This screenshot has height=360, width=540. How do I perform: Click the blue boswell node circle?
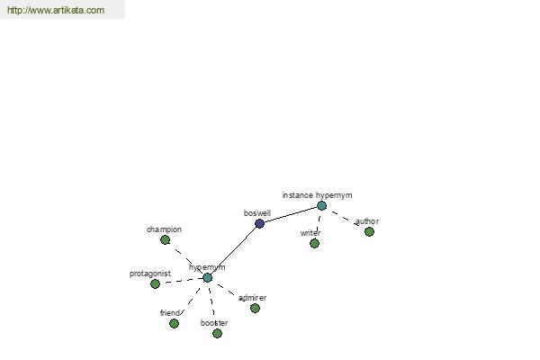tap(260, 223)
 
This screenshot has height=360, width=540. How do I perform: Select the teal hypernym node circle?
tap(207, 278)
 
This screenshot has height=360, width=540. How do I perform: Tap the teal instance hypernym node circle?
tap(321, 206)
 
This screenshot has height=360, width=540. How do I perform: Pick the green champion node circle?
tap(166, 239)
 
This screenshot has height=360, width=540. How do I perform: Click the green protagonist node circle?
tap(156, 283)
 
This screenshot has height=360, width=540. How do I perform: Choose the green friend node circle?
tap(175, 323)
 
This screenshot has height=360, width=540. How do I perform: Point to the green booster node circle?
tap(217, 334)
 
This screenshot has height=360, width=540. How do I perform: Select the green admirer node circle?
tap(256, 309)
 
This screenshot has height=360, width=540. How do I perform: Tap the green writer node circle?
tap(314, 244)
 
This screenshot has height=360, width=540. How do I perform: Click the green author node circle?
tap(370, 232)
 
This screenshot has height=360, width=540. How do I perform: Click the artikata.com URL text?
tap(56, 10)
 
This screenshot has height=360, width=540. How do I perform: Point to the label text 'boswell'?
tap(257, 213)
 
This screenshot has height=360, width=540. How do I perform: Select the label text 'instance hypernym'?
tap(317, 195)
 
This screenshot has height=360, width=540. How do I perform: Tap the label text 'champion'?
tap(165, 229)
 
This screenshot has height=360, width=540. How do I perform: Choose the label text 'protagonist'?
tap(150, 274)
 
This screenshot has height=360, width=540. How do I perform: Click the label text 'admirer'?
tap(252, 298)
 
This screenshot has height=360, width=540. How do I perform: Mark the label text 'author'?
tap(367, 221)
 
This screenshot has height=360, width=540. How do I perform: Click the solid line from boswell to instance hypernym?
tap(291, 214)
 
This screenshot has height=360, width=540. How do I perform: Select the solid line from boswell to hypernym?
tap(233, 251)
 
